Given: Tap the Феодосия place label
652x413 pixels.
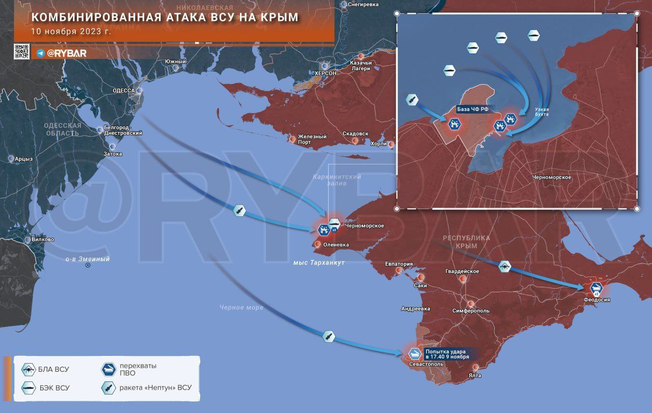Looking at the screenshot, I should [597, 300].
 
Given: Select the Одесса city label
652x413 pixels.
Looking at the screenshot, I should [124, 91].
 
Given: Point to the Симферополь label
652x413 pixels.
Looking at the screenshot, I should [471, 311].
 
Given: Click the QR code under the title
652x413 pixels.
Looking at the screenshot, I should [21, 52].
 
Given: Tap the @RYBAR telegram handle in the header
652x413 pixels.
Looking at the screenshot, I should [66, 53].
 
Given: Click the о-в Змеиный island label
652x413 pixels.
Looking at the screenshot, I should [88, 259].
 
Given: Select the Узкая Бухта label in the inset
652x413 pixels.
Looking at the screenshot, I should [541, 112].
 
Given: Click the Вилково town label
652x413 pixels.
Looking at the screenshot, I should [43, 239].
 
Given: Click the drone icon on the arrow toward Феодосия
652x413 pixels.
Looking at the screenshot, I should [504, 265].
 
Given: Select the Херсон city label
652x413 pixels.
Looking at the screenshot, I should [325, 73].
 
